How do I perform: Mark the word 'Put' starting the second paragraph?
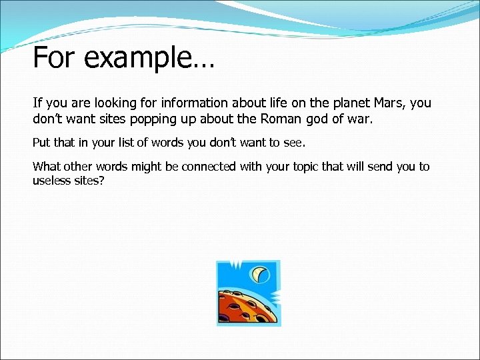(x=41, y=142)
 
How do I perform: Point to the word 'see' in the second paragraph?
(x=295, y=142)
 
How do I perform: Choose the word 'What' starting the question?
(x=46, y=167)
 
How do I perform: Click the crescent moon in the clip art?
(x=260, y=274)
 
